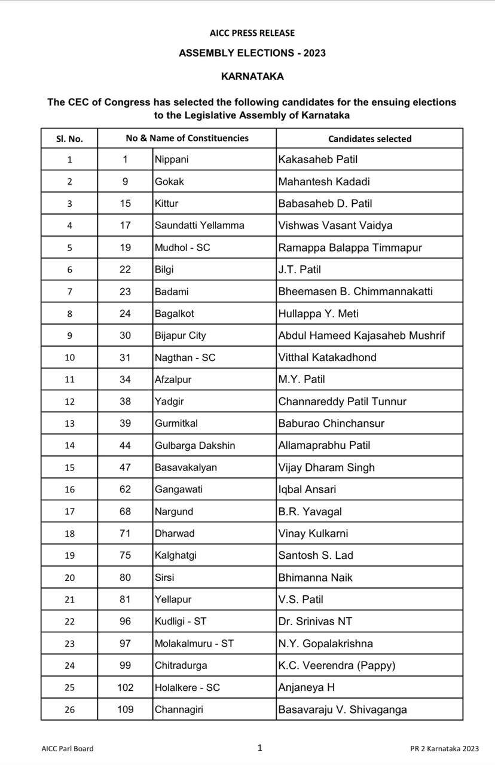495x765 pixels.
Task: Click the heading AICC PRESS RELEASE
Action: coord(252,33)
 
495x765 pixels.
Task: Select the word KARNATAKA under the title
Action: coord(252,76)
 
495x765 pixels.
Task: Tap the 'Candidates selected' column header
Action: coord(369,139)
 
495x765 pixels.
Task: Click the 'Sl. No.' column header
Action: coord(69,139)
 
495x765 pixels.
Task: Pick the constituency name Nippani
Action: coord(172,160)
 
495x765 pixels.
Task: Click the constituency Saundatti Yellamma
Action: coord(199,225)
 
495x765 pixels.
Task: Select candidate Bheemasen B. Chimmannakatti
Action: coord(355,292)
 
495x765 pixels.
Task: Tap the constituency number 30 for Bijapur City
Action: coord(125,335)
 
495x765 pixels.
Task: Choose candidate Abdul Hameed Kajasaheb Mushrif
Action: coord(361,335)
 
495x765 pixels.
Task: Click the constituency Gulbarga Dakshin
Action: coord(194,445)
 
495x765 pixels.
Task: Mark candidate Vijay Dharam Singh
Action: coord(326,467)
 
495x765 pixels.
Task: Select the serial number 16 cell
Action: coord(69,489)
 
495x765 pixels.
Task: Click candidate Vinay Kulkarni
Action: coord(313,533)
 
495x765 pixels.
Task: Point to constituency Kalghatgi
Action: coord(175,555)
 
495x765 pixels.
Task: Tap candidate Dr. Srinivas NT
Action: coord(315,622)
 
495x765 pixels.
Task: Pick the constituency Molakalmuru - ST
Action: coord(194,644)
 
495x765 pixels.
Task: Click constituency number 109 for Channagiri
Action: coord(125,709)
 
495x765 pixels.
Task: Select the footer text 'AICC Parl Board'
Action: coord(68,748)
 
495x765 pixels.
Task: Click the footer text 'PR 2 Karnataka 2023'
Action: coord(444,748)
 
